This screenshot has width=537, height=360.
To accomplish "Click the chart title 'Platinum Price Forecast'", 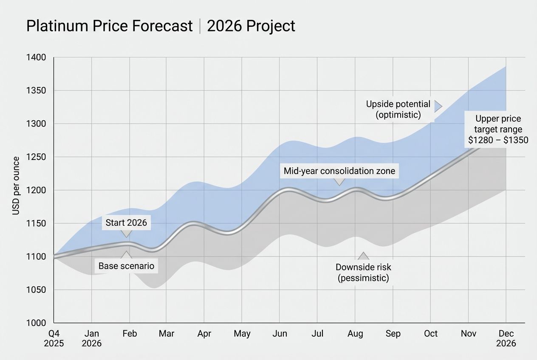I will click(109, 26).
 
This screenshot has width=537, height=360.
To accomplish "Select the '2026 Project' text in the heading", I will click(251, 26).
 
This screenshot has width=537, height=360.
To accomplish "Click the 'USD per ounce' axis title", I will click(16, 186).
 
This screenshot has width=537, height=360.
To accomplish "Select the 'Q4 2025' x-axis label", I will click(54, 338).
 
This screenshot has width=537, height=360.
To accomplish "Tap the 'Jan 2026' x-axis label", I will click(91, 338).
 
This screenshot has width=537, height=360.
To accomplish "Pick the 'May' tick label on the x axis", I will click(242, 334).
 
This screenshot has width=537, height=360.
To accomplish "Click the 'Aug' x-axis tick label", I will click(355, 334).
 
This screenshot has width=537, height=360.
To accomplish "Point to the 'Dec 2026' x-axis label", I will click(506, 338).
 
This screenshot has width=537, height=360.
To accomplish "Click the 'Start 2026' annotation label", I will click(126, 223).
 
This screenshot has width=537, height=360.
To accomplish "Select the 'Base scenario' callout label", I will click(126, 266).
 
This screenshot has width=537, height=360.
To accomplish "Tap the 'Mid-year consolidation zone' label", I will click(339, 171).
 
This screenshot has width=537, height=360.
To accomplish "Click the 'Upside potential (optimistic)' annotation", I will click(398, 109).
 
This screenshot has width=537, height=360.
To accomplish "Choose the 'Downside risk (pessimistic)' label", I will click(363, 273).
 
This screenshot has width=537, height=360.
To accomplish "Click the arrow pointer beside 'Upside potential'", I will click(438, 106).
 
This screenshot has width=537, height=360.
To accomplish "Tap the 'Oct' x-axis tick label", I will click(430, 334).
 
